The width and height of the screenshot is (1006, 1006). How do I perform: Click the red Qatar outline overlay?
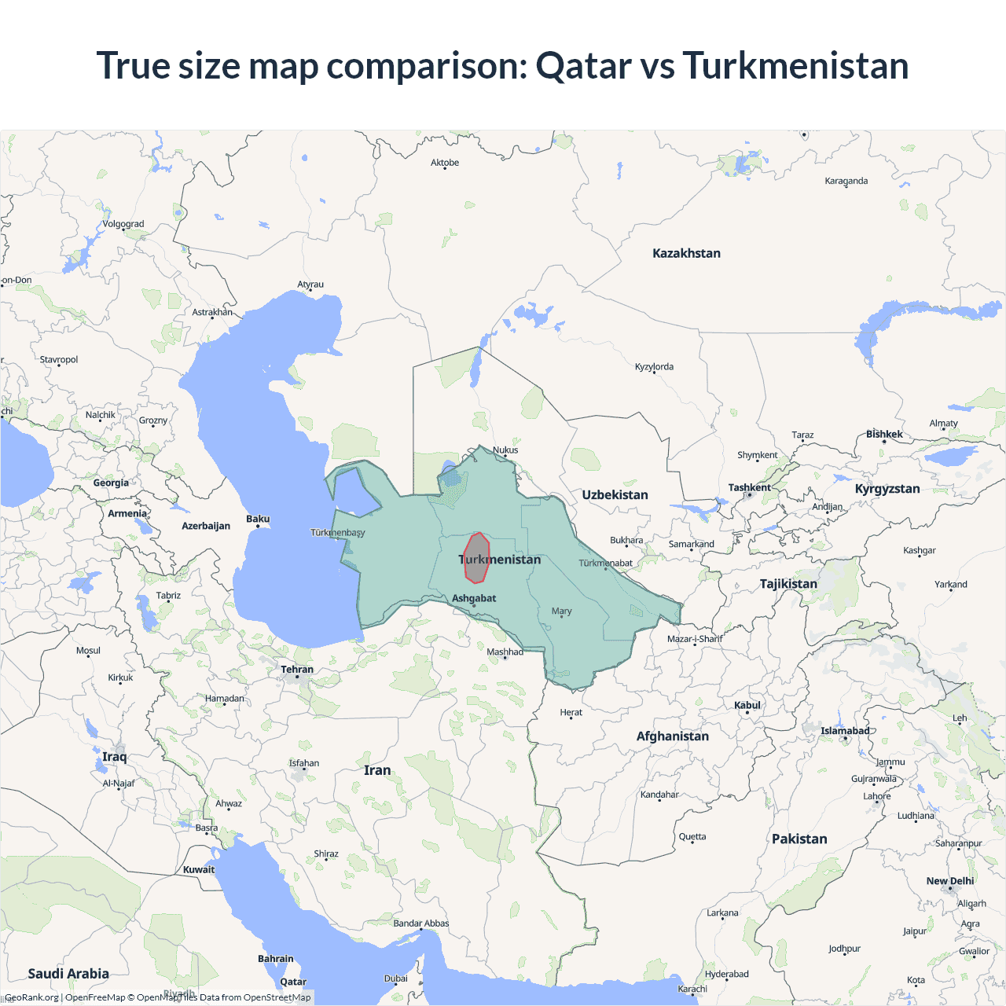[x=476, y=558]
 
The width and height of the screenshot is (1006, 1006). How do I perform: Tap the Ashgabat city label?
[x=474, y=598]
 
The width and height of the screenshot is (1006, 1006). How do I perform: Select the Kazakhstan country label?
[x=686, y=253]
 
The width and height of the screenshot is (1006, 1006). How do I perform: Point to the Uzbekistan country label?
[x=615, y=494]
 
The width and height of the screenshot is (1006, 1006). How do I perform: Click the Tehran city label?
[x=297, y=670]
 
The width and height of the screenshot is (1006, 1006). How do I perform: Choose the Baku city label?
[x=258, y=519]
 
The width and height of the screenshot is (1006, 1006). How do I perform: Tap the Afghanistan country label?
[x=672, y=736]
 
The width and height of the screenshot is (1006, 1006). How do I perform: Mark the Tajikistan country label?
[x=788, y=583]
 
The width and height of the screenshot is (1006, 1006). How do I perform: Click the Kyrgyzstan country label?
[x=887, y=488]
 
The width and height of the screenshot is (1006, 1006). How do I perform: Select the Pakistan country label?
[x=799, y=839]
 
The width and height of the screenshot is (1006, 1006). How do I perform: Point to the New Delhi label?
[x=949, y=881]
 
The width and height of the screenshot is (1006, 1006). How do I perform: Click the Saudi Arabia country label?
[x=68, y=973]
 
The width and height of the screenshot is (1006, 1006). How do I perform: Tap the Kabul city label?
[x=747, y=705]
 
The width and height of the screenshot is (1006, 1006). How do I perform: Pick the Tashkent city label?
[x=749, y=487]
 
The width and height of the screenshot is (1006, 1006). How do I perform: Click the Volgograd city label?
[x=123, y=224]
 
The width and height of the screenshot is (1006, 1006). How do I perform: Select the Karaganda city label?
[x=846, y=181]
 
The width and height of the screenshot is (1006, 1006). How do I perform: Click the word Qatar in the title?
[x=583, y=65]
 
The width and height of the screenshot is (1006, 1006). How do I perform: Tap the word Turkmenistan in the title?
[x=795, y=65]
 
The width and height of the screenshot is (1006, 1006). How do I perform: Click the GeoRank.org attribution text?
[x=31, y=997]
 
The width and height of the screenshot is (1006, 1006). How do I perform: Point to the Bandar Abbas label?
[x=421, y=923]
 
